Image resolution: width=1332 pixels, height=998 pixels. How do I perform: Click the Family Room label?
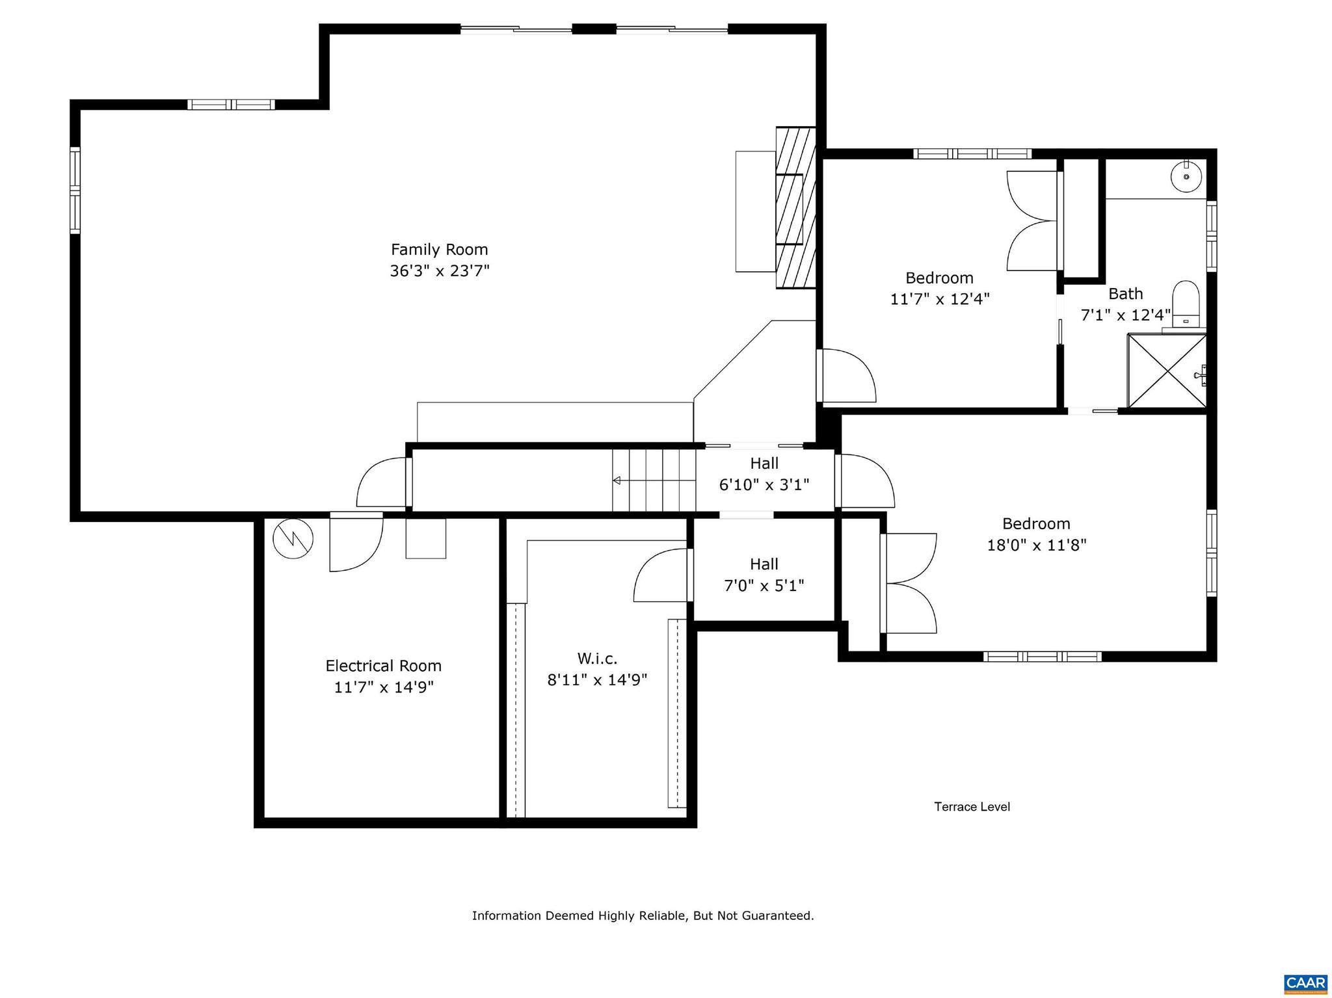[439, 250]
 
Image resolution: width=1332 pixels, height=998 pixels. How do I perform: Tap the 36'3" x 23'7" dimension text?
[439, 271]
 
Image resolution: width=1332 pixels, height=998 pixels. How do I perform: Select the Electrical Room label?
[383, 666]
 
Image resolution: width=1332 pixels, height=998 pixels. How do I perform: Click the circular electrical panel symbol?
[293, 538]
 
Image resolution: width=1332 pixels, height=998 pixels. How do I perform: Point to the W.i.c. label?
[597, 659]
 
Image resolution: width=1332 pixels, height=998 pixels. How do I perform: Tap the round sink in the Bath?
[1186, 176]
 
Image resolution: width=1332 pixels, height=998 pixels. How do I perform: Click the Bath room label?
[1125, 294]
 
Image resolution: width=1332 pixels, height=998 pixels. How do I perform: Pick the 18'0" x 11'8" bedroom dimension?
[1037, 545]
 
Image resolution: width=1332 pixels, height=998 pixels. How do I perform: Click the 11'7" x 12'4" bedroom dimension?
[939, 299]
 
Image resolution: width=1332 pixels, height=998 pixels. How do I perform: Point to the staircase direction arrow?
[617, 480]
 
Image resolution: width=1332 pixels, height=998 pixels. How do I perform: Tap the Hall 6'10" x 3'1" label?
[764, 474]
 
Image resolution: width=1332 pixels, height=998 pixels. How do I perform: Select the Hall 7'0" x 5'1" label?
[764, 575]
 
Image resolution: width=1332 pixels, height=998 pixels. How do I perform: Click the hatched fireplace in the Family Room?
[795, 208]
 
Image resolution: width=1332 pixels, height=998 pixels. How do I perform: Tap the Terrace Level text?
[972, 807]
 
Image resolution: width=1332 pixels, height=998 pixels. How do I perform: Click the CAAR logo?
[1305, 982]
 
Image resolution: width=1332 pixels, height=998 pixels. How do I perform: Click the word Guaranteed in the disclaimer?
[779, 916]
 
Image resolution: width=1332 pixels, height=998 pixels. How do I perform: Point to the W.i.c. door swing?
[660, 575]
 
